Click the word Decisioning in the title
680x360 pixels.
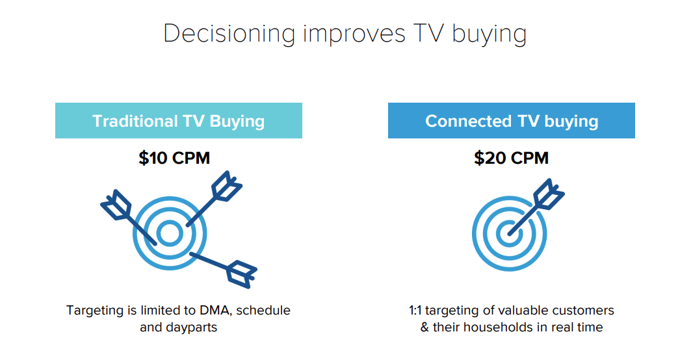click(229, 34)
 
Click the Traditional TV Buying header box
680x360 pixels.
click(178, 121)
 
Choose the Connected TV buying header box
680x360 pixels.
click(511, 121)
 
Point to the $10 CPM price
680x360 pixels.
click(174, 158)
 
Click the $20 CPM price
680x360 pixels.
click(511, 158)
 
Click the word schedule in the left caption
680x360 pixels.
click(263, 310)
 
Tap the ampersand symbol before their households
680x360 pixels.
click(425, 327)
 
